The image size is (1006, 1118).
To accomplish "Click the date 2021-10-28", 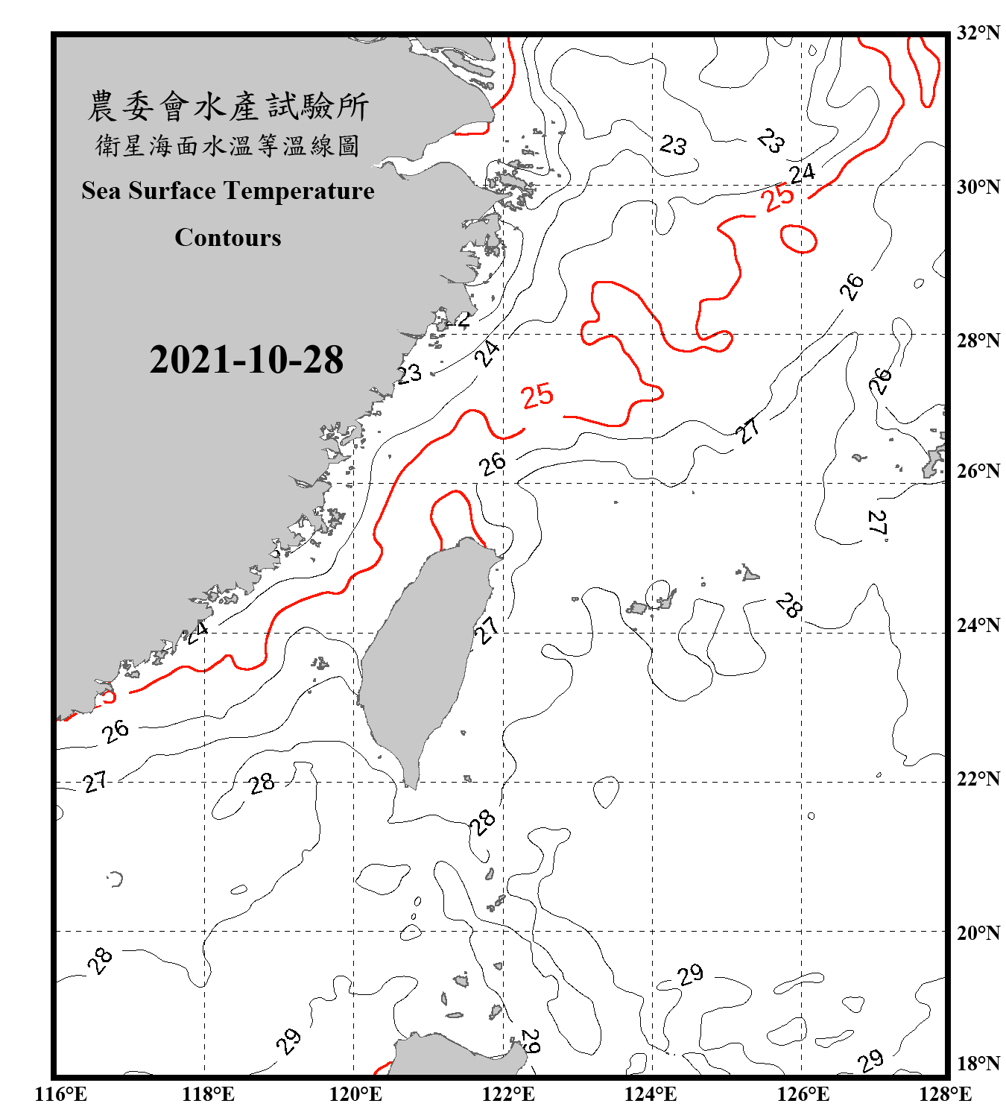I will click(x=246, y=359).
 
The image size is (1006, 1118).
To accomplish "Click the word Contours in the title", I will click(x=228, y=237).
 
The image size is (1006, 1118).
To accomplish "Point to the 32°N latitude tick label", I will click(x=978, y=33).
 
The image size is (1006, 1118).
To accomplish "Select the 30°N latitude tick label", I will click(x=978, y=186).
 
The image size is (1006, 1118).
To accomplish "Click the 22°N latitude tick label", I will click(x=978, y=779).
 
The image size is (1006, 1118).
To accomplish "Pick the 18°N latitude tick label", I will click(x=978, y=1064).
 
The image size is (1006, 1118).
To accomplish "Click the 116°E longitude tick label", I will click(x=60, y=1094).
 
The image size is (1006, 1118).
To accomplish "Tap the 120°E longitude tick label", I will click(x=355, y=1094).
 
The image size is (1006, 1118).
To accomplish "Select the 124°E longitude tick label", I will click(x=651, y=1094).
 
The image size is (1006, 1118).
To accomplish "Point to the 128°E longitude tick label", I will click(x=945, y=1094).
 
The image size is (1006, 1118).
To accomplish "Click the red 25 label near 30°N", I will click(x=778, y=198).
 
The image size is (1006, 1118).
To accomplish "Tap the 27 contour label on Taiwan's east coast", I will click(x=487, y=630).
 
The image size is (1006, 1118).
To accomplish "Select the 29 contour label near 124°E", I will click(x=690, y=974).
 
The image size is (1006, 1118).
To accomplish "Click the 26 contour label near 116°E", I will click(x=116, y=731).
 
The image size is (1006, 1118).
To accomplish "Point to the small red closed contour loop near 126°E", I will click(x=799, y=239).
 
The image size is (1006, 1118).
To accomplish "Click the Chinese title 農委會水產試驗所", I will click(x=228, y=107).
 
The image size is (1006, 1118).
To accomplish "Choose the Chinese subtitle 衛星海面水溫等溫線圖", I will click(x=228, y=145).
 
